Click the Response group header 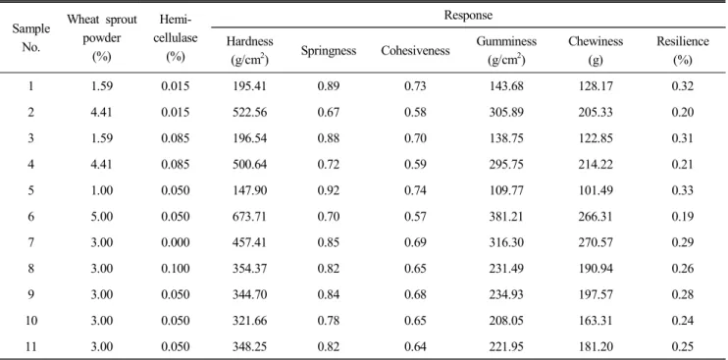pyautogui.click(x=468, y=16)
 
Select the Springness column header pyautogui.click(x=329, y=51)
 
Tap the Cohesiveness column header pyautogui.click(x=415, y=51)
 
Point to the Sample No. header pyautogui.click(x=30, y=38)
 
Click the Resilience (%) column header pyautogui.click(x=682, y=51)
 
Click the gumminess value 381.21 pyautogui.click(x=506, y=217)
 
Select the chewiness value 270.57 pyautogui.click(x=596, y=242)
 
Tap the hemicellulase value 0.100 pyautogui.click(x=178, y=269)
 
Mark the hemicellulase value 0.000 pyautogui.click(x=178, y=242)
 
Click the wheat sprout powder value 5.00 pyautogui.click(x=102, y=217)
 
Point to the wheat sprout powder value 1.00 pyautogui.click(x=102, y=190)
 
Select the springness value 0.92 pyautogui.click(x=329, y=190)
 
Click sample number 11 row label pyautogui.click(x=30, y=346)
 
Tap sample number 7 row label pyautogui.click(x=30, y=242)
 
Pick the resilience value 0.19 pyautogui.click(x=683, y=217)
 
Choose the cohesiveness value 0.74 pyautogui.click(x=416, y=190)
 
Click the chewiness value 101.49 pyautogui.click(x=596, y=190)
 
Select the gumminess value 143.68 pyautogui.click(x=506, y=86)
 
